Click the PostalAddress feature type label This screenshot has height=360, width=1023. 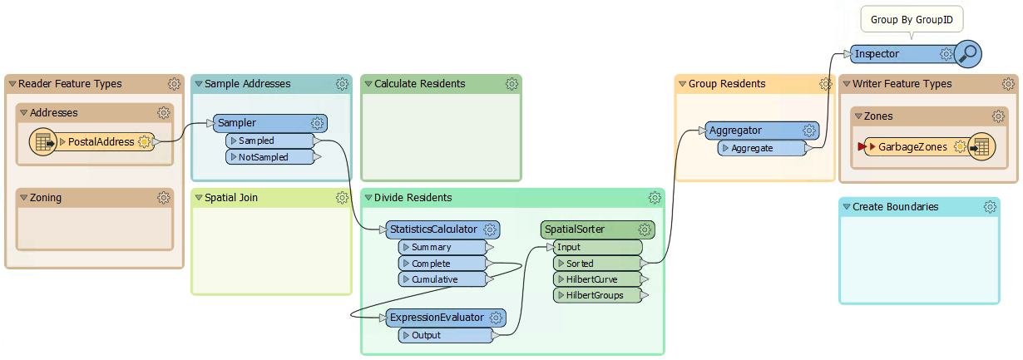click(101, 142)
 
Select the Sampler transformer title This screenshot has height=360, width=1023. click(237, 123)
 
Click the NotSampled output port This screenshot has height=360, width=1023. click(264, 157)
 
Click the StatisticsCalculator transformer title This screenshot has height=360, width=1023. click(433, 229)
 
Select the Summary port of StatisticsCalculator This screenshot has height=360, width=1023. click(432, 247)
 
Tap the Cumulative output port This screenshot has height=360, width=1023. click(434, 279)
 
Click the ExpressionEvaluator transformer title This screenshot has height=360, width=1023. click(437, 318)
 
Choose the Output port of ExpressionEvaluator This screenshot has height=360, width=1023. click(427, 335)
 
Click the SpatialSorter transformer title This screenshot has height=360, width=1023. click(574, 229)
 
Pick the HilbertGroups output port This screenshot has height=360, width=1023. click(595, 295)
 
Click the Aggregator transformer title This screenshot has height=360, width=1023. click(734, 131)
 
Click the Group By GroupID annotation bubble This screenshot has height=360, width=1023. click(911, 18)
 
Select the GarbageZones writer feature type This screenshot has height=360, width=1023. click(912, 147)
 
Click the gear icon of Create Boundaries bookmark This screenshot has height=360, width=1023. click(990, 207)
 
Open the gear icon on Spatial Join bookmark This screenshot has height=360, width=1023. click(342, 198)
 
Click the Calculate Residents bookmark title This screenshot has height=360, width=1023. click(419, 84)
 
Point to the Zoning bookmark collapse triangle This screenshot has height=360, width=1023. click(23, 198)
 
